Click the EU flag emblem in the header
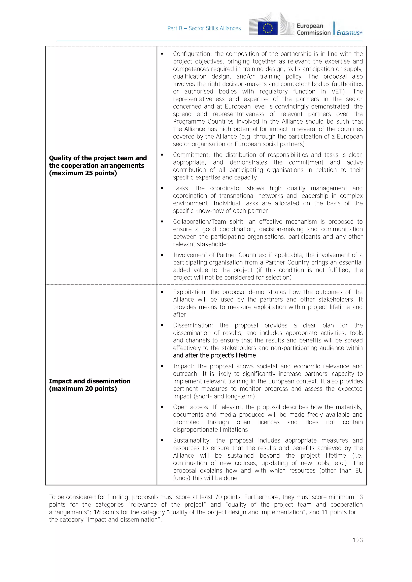point(268,28)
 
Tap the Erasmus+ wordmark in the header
point(349,33)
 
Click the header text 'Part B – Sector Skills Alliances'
point(204,28)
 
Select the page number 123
point(358,540)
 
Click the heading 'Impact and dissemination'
point(90,381)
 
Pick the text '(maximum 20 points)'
point(83,389)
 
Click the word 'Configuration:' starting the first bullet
point(191,54)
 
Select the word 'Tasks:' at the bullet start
point(182,188)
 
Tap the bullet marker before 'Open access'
point(162,407)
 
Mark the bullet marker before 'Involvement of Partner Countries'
point(162,255)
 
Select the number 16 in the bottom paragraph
point(97,512)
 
